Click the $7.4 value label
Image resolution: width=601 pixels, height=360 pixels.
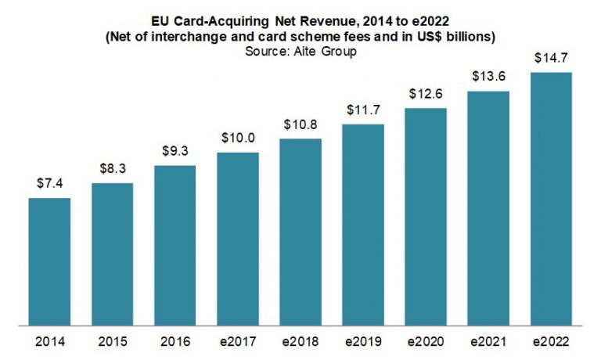coord(49,183)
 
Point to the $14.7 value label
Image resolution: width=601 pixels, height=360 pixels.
coord(551,57)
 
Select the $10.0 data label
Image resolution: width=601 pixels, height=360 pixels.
coord(237,138)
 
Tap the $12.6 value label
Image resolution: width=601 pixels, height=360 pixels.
coord(425,94)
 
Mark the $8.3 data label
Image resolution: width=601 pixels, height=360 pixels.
coord(112,168)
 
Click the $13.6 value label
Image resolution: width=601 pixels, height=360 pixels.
coord(488,76)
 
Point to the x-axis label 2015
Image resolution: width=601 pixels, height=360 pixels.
coord(112,342)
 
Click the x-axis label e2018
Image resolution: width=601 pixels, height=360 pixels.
coord(300,342)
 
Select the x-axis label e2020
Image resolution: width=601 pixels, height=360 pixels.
coord(425,342)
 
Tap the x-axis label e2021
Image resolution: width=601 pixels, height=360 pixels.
coord(488,342)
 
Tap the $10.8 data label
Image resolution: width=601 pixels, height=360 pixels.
coord(300,124)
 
